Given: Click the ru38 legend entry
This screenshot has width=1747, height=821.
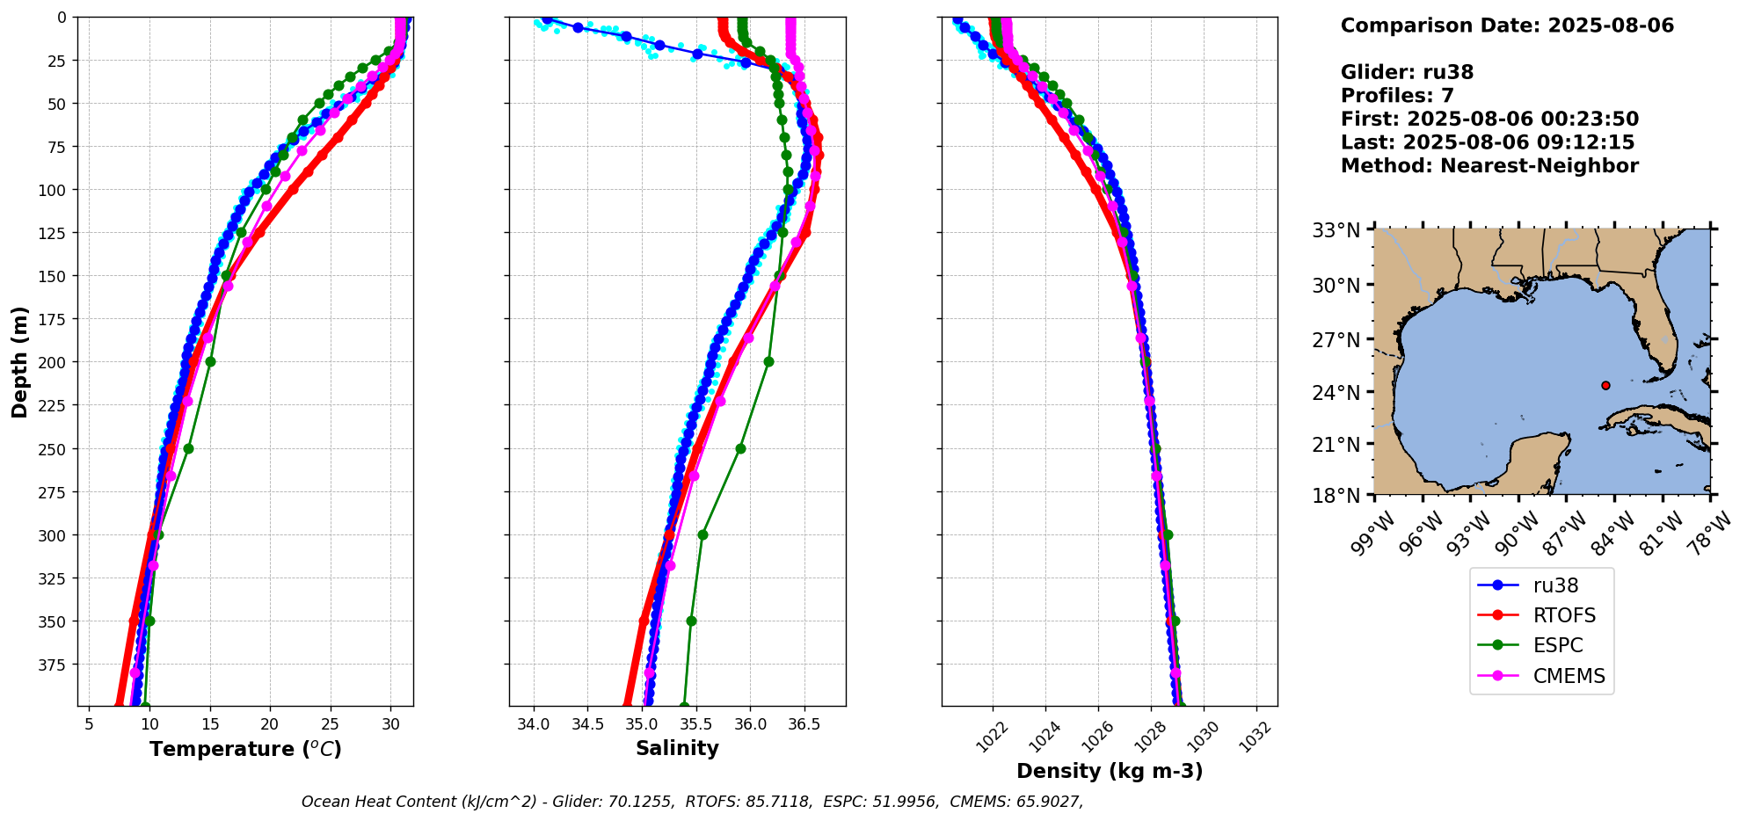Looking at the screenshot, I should coord(1541,585).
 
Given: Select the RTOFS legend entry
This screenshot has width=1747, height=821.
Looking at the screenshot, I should coord(1541,615).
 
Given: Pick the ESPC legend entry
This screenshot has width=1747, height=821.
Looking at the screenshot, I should coord(1541,645).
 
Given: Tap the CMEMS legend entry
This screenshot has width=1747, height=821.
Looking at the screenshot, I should coord(1541,676).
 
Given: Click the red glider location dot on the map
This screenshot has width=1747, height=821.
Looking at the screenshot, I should coord(1605,385).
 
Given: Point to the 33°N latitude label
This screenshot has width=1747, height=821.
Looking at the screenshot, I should coord(1336,230).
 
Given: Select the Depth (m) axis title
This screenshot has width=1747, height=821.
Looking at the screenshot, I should coord(20,361).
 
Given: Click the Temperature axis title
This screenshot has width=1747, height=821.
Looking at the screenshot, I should coord(245,749).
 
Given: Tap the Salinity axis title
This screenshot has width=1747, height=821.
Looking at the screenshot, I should coord(677,748).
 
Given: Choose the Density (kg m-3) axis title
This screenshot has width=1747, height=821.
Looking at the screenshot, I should coord(1110,771).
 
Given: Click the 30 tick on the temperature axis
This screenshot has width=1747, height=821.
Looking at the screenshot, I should coord(390,724).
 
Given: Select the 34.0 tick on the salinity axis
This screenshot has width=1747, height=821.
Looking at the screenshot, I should coord(534,724).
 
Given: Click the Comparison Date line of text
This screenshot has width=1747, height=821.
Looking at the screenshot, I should coord(1507,25).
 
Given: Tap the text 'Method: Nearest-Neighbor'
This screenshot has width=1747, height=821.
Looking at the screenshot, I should coord(1489,166).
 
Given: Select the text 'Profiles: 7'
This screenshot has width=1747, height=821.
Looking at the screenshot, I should coord(1397,96).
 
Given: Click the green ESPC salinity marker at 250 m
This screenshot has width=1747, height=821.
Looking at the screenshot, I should coord(740,448).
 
